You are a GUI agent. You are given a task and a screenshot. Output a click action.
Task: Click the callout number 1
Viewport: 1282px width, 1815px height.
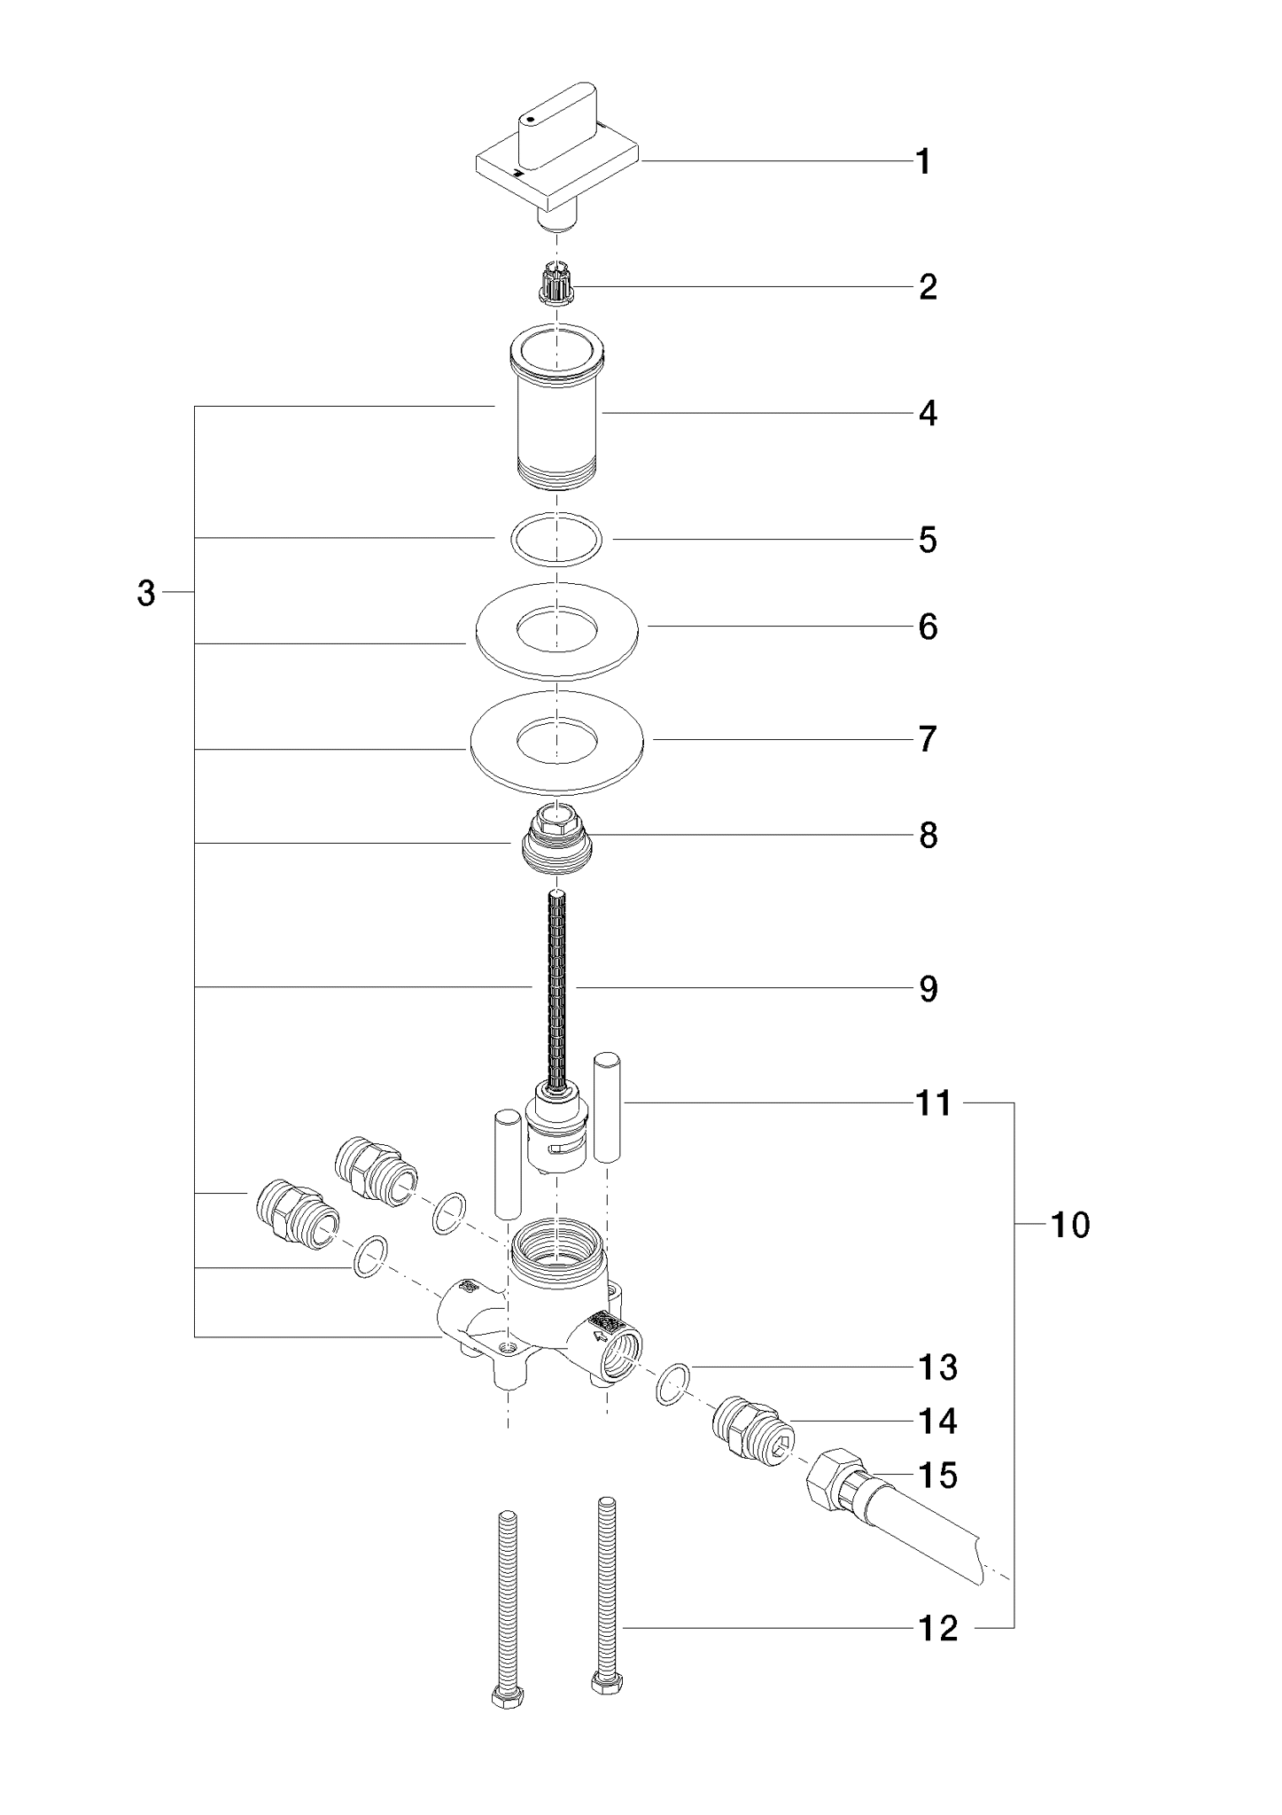coord(923,162)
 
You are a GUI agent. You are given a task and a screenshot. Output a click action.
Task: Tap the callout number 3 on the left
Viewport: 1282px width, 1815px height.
coord(146,594)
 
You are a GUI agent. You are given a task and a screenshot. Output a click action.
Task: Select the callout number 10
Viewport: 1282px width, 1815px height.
coord(1070,1225)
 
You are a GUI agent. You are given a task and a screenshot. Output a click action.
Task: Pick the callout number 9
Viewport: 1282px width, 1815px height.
coord(928,988)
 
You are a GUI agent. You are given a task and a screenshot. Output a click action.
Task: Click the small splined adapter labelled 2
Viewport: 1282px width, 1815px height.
coord(556,286)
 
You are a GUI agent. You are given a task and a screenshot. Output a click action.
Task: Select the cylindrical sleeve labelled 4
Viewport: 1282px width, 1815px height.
coord(556,406)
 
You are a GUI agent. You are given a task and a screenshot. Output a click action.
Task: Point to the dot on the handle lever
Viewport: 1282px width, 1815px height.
coord(529,119)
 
